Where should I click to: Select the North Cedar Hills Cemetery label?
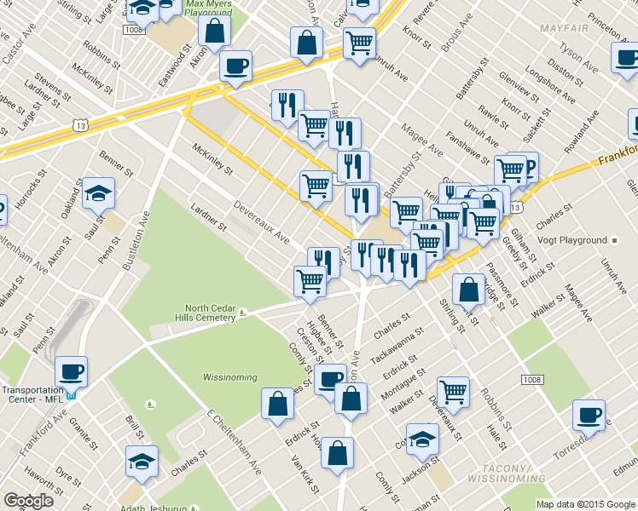[x=211, y=313]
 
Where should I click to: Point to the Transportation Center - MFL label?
[x=32, y=394]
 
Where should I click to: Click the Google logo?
[x=28, y=501]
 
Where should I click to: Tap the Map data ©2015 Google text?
[x=586, y=503]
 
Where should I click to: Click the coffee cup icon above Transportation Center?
[x=71, y=371]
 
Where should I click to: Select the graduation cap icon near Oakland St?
[x=99, y=193]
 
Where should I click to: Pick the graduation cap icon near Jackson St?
[x=422, y=439]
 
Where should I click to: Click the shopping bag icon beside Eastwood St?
[x=215, y=31]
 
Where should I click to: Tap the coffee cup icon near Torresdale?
[x=589, y=415]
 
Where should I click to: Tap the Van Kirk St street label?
[x=304, y=474]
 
